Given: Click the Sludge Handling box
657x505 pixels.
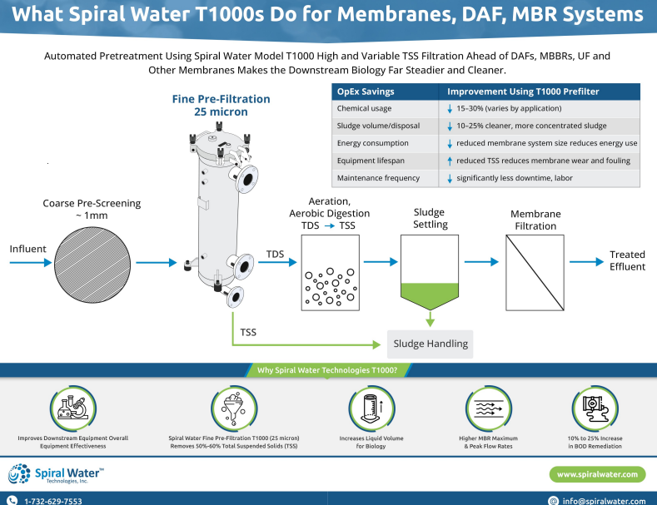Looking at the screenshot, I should pyautogui.click(x=430, y=344).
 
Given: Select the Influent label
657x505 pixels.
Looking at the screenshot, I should pyautogui.click(x=27, y=249).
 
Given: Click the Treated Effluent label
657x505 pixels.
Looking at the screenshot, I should pyautogui.click(x=627, y=260).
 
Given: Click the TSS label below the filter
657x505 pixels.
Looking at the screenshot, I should pyautogui.click(x=248, y=332).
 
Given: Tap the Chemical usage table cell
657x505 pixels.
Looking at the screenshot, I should pyautogui.click(x=364, y=108).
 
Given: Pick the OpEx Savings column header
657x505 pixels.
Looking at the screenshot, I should pyautogui.click(x=366, y=92).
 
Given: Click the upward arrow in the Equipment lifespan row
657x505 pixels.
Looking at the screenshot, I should pyautogui.click(x=449, y=161).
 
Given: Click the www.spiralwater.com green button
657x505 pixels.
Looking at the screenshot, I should pyautogui.click(x=597, y=474).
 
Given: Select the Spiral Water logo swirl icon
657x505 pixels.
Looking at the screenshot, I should pyautogui.click(x=19, y=474).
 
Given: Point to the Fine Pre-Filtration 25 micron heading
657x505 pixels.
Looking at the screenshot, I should pyautogui.click(x=221, y=105).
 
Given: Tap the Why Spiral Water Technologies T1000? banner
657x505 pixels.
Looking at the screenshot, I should pyautogui.click(x=327, y=370).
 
